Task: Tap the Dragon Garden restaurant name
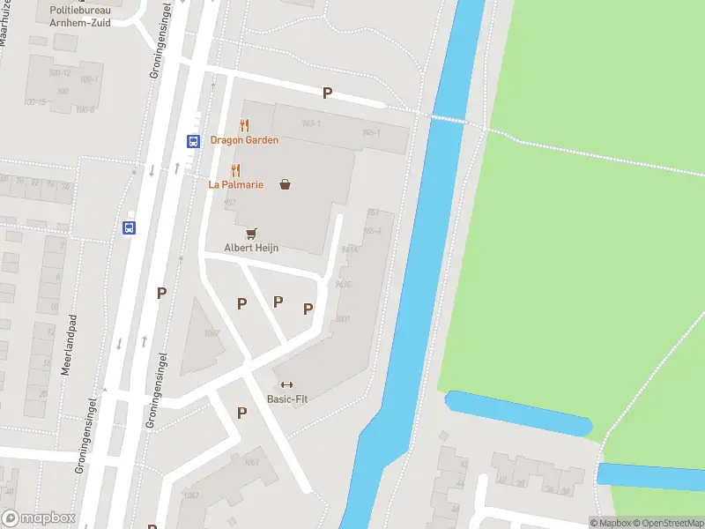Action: pyautogui.click(x=244, y=140)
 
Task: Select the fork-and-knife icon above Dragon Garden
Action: pyautogui.click(x=244, y=125)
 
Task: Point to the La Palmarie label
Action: pyautogui.click(x=235, y=184)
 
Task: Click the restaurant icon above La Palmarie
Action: pyautogui.click(x=235, y=170)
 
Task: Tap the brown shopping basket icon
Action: pyautogui.click(x=285, y=184)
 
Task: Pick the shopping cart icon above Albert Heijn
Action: pyautogui.click(x=252, y=234)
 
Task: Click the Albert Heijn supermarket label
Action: pyautogui.click(x=251, y=249)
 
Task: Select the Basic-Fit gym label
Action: pyautogui.click(x=287, y=399)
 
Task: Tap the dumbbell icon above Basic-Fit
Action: pyautogui.click(x=286, y=384)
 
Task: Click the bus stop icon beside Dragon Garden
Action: pyautogui.click(x=192, y=140)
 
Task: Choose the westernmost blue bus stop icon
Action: pyautogui.click(x=129, y=227)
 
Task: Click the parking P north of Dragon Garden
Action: pyautogui.click(x=327, y=93)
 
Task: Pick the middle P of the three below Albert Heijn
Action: pyautogui.click(x=278, y=302)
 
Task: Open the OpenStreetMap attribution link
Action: pyautogui.click(x=667, y=523)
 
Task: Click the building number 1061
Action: pyautogui.click(x=252, y=463)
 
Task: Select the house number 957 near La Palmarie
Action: pyautogui.click(x=229, y=204)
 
